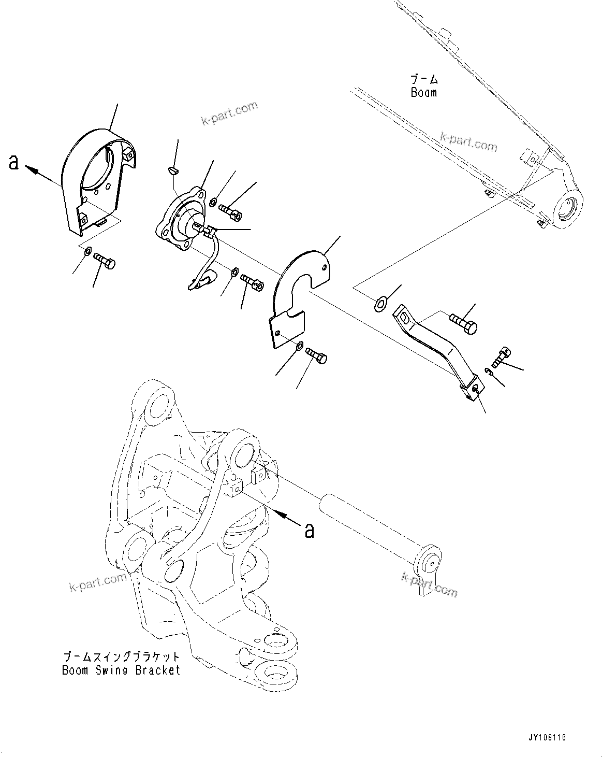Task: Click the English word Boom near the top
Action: point(423,93)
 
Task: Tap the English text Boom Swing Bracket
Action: point(121,670)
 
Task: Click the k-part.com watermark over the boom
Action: point(468,141)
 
